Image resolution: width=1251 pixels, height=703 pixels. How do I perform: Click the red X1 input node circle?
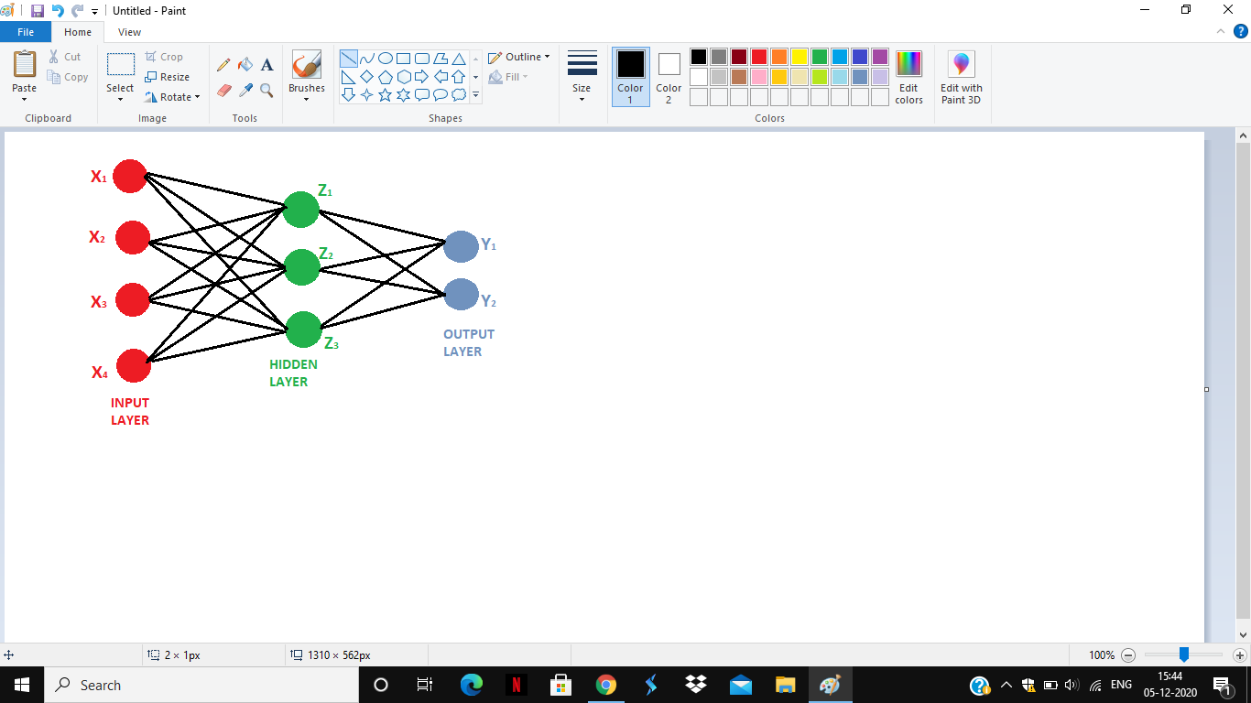(129, 176)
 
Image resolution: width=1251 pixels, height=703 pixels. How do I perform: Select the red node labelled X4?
(134, 366)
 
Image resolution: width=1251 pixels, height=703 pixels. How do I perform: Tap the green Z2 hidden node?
(301, 267)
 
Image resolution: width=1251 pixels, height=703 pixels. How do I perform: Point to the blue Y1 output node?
(461, 246)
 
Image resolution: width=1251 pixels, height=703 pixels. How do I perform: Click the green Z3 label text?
(332, 343)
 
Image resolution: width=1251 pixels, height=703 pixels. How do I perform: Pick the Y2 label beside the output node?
(489, 301)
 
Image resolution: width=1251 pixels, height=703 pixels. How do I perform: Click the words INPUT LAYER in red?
(130, 412)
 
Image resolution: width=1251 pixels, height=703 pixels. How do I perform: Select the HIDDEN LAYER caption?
(293, 373)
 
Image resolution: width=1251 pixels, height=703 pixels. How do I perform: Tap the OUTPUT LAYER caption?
(469, 343)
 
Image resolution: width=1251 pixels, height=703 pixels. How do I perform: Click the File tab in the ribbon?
(26, 32)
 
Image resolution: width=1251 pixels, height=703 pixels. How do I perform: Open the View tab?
(129, 32)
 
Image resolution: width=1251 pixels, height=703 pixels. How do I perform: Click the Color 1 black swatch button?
(630, 77)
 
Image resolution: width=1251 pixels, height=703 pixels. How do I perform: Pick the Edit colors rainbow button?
(908, 77)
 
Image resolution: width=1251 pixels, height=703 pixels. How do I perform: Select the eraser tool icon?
(224, 91)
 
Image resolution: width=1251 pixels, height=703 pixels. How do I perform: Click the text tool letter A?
(267, 65)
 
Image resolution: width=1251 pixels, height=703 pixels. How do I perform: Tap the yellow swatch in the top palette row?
(800, 57)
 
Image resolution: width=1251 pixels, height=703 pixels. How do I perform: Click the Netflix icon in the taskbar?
(516, 684)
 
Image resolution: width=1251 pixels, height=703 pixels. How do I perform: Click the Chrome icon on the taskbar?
(606, 684)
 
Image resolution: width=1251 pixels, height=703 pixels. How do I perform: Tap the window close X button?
(1227, 9)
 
